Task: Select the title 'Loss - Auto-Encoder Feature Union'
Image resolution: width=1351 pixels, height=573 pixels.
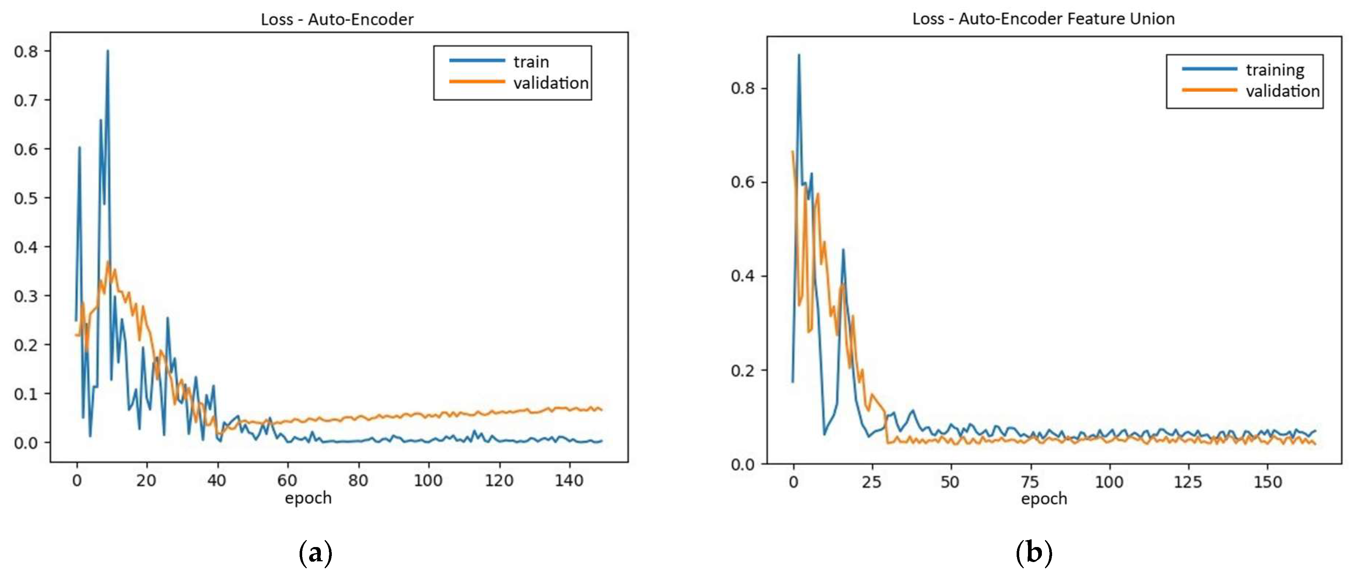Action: [1043, 19]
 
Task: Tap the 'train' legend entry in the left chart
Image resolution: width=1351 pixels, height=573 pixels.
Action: [531, 62]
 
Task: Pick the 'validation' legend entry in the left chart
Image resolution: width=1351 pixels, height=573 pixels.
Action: [551, 83]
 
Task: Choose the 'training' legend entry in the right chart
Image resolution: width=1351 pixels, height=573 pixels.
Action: [1275, 70]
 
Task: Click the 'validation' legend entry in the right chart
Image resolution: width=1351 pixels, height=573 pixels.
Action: [1282, 91]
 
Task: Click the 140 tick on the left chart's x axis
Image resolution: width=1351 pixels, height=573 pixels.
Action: [569, 480]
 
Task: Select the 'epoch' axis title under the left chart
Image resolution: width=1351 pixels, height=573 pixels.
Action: [308, 498]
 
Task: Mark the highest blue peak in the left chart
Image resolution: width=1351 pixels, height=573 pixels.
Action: [108, 51]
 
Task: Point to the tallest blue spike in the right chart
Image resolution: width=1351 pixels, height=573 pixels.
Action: [799, 54]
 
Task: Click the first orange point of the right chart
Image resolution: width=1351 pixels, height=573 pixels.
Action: [792, 151]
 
